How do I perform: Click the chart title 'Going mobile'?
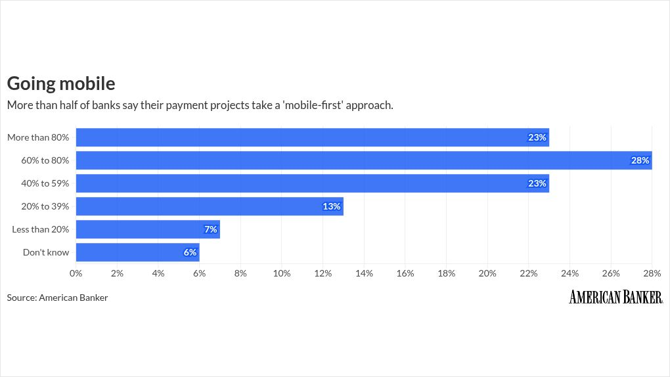click(61, 83)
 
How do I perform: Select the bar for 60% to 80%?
click(364, 160)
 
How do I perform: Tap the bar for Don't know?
click(137, 252)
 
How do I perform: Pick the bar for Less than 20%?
click(148, 229)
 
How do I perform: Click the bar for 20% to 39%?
click(210, 206)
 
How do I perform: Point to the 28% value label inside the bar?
click(640, 160)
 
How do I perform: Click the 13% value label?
click(332, 206)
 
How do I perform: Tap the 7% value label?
click(210, 229)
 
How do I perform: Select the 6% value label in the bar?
click(190, 252)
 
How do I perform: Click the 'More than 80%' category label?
click(38, 137)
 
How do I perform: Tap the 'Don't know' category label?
click(46, 252)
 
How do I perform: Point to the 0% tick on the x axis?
click(76, 273)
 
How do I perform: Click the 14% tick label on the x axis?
click(364, 273)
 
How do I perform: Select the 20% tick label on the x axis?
click(487, 273)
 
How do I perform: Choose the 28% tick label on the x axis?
click(651, 273)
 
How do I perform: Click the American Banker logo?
click(615, 297)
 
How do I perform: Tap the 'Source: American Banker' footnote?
click(57, 298)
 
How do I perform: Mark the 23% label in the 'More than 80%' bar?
click(537, 137)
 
